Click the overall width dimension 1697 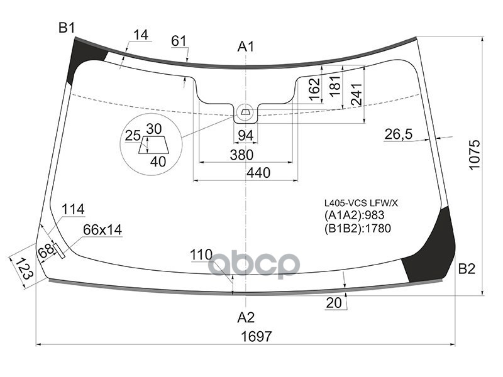tap(257, 336)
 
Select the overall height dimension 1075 tap(474, 154)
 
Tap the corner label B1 tap(67, 28)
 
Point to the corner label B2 tap(467, 269)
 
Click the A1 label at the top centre tap(246, 46)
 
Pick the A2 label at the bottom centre tap(246, 317)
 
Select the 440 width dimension tap(258, 173)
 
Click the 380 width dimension tap(241, 155)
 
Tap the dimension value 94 tap(246, 136)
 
